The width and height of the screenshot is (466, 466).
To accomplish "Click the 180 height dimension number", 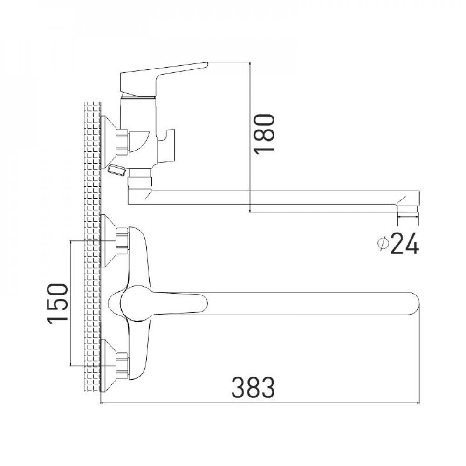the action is click(264, 133).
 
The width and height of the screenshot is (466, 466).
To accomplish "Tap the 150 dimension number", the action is click(57, 304).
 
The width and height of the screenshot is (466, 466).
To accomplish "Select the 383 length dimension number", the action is click(254, 388).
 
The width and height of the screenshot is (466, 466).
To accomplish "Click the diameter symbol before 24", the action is click(383, 244).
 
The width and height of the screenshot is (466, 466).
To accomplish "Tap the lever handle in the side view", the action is click(164, 77).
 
